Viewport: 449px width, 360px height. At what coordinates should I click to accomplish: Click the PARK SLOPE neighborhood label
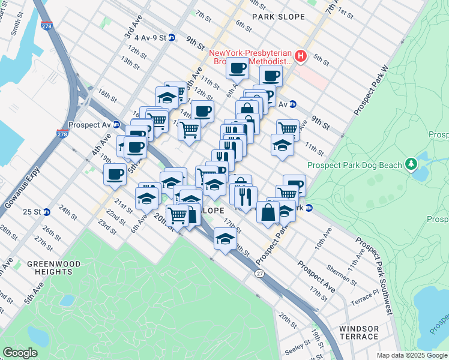click(279, 17)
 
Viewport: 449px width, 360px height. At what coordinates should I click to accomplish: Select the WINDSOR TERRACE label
click(359, 332)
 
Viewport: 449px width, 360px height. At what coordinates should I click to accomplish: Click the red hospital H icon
click(301, 57)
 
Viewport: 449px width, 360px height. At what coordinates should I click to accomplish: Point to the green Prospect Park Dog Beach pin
click(411, 163)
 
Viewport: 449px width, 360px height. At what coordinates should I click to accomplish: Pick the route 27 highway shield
click(259, 274)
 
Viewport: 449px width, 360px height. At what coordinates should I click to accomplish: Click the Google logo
click(20, 353)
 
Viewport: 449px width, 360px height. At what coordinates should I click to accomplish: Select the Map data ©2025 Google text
click(411, 355)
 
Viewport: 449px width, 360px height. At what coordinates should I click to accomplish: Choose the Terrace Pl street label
click(365, 297)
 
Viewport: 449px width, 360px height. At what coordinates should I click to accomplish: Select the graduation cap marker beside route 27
click(225, 239)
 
